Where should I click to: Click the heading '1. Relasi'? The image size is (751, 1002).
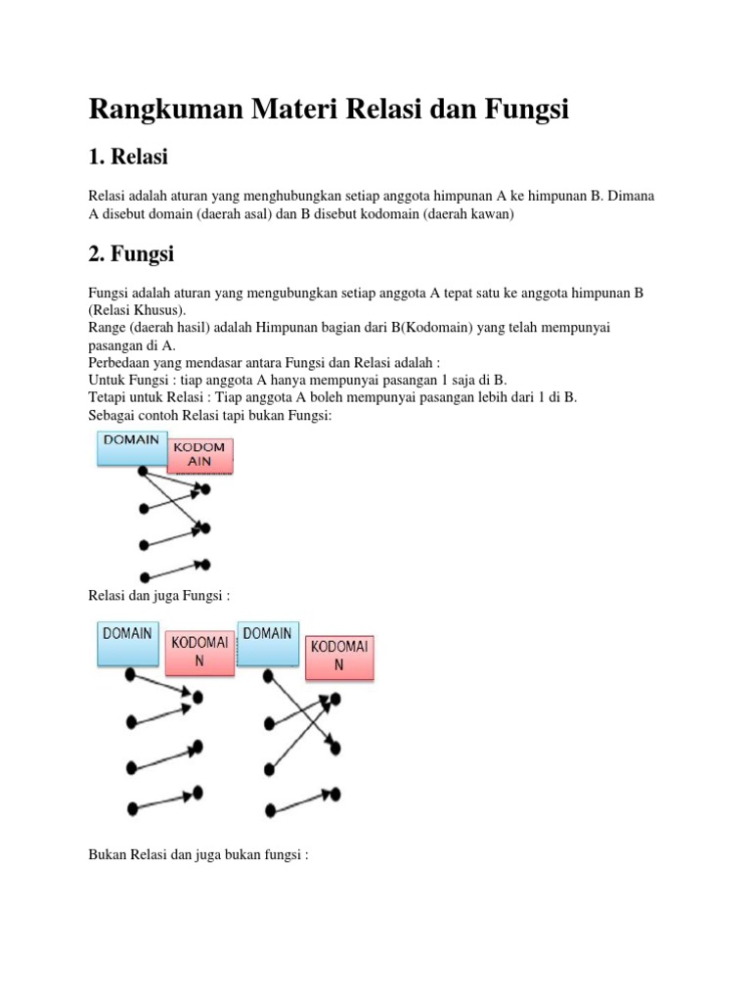(x=128, y=157)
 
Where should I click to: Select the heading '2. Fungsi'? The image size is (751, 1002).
(x=131, y=254)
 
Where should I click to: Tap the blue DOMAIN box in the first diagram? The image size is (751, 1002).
(x=132, y=447)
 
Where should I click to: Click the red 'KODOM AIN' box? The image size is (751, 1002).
(x=199, y=455)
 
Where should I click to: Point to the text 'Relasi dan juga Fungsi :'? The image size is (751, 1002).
(x=158, y=595)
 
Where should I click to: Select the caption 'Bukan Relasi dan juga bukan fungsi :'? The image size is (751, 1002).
(x=199, y=855)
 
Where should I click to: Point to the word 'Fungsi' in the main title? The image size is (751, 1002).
(x=526, y=110)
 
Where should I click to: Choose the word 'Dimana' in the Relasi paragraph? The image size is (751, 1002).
(x=631, y=196)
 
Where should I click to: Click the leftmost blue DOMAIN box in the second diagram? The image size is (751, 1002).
(x=128, y=641)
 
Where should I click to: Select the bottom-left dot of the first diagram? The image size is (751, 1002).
(x=145, y=576)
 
